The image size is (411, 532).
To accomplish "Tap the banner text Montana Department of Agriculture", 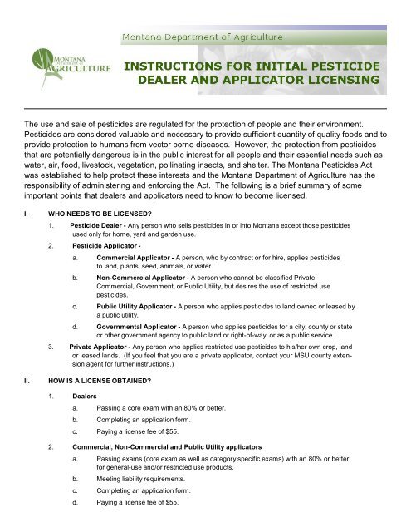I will tap(203, 37).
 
